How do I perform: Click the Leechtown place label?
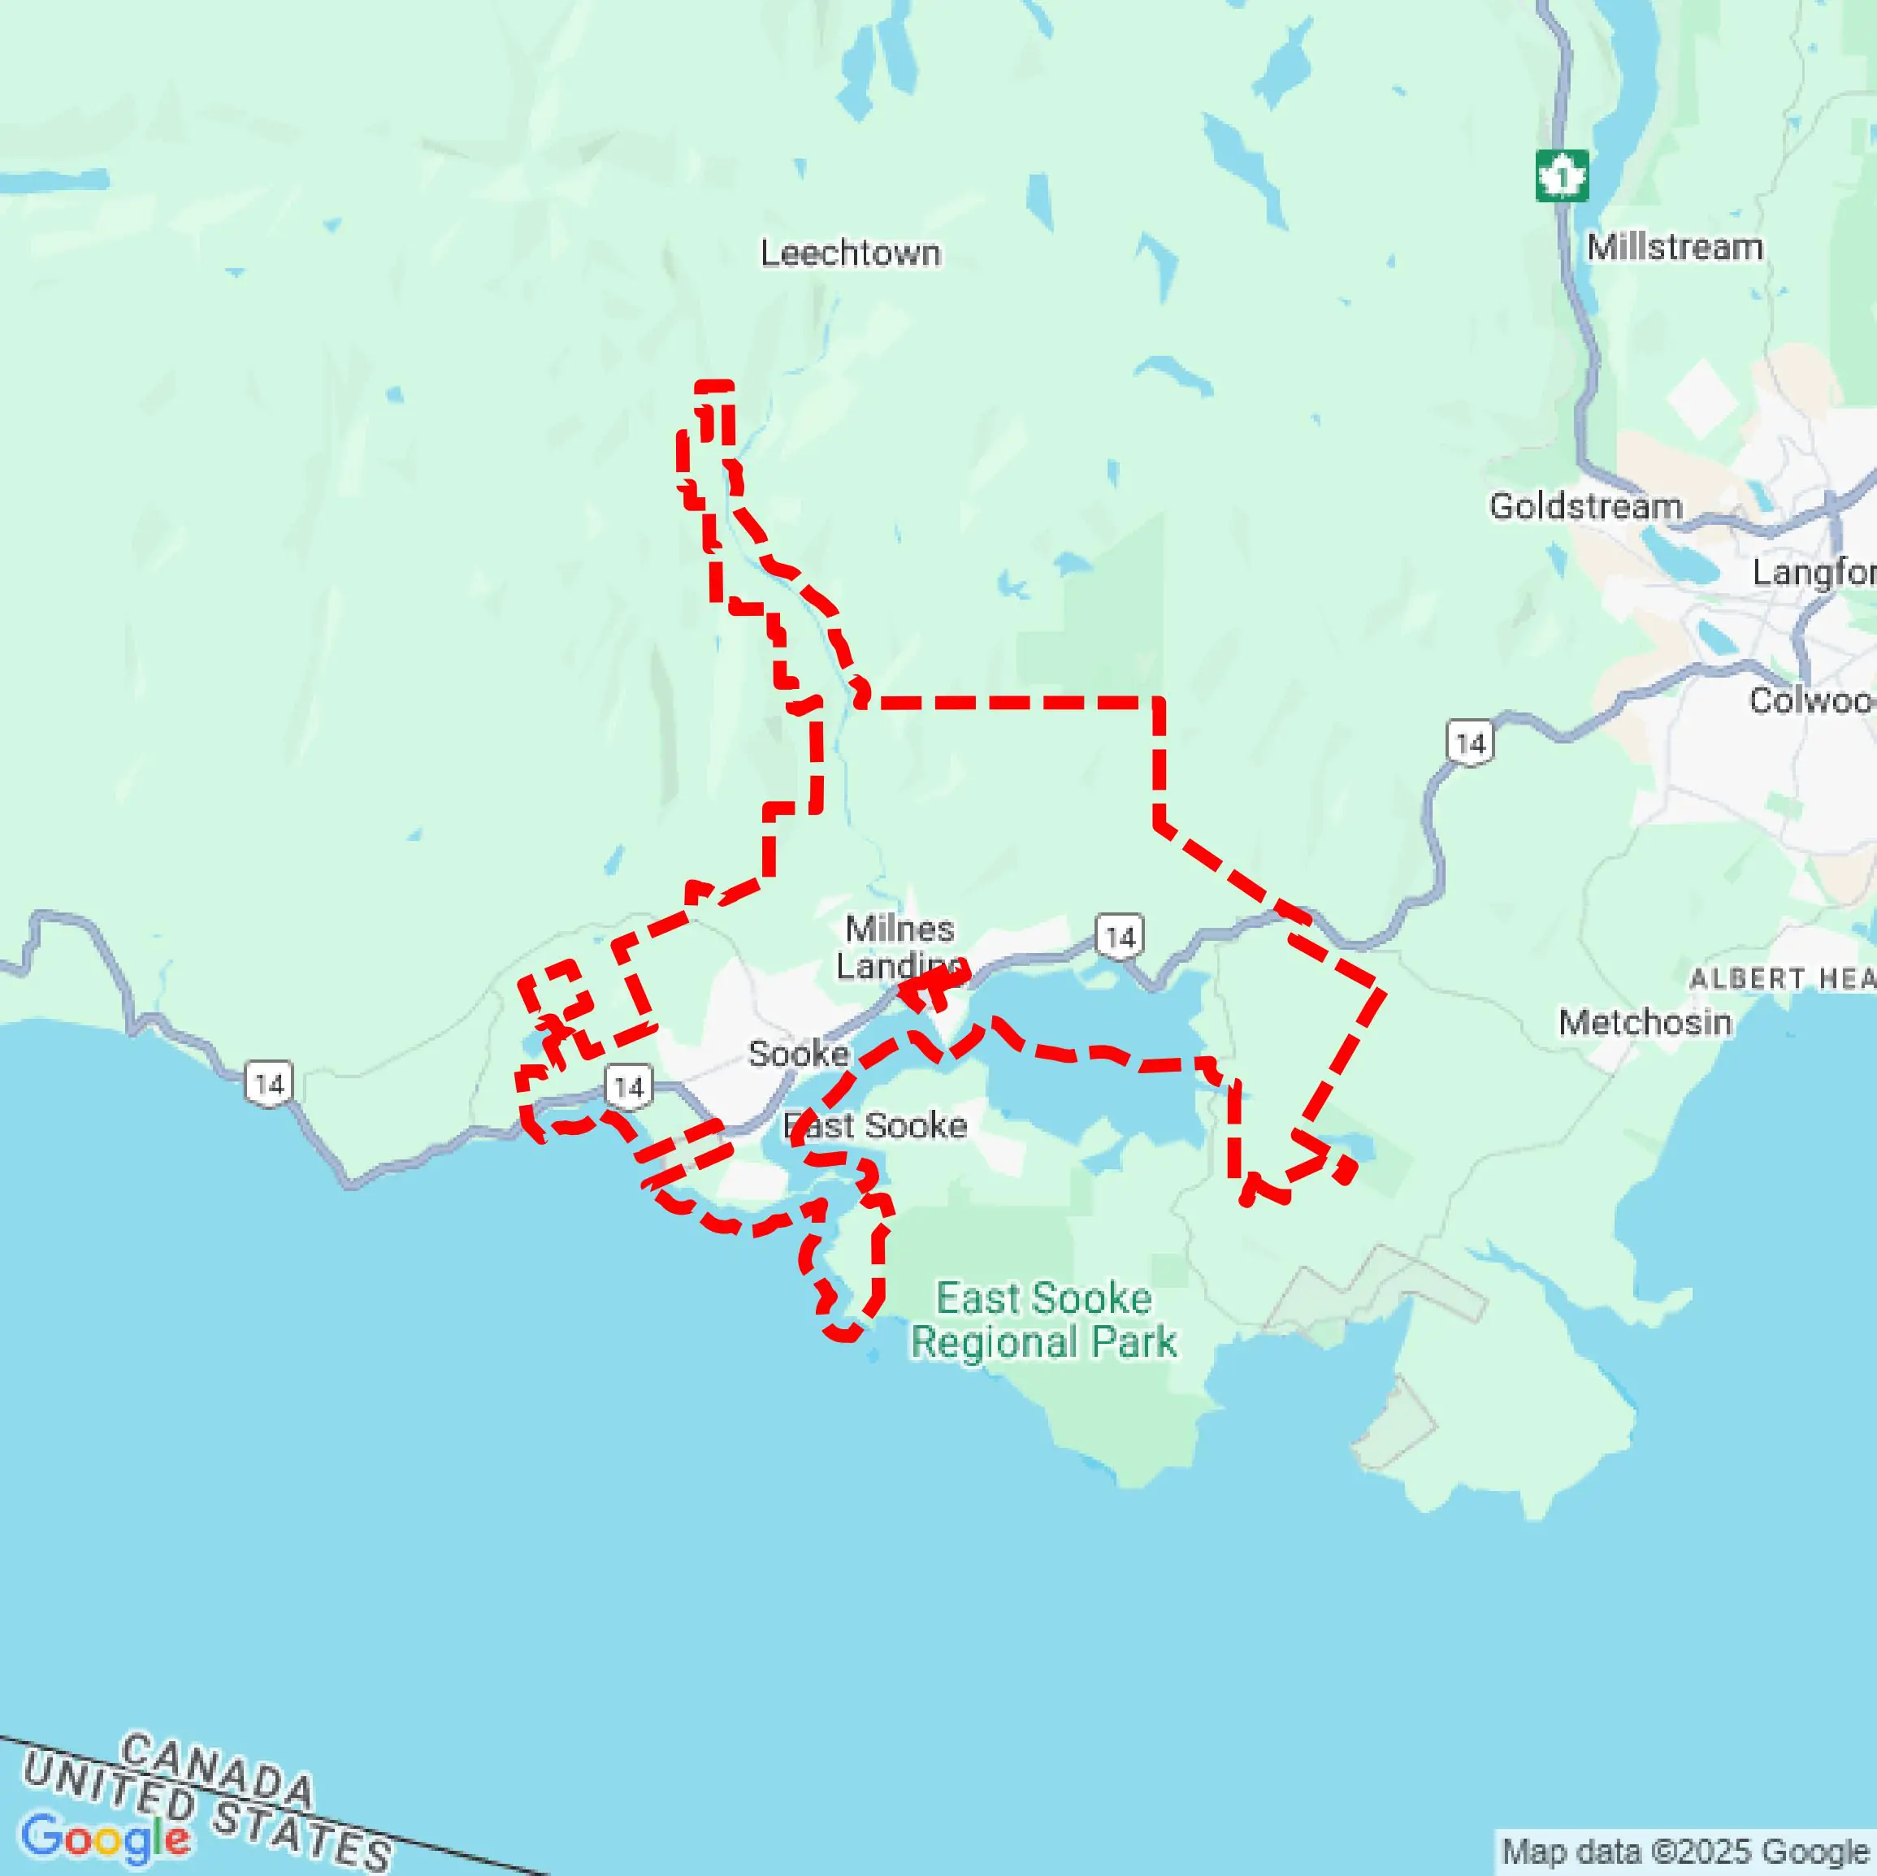850,253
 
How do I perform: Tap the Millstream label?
1674,248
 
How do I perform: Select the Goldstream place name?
1584,506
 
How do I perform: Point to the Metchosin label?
1645,1022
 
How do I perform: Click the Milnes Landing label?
899,947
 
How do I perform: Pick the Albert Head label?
1782,978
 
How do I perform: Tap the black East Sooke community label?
875,1125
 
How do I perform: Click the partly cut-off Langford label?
1813,572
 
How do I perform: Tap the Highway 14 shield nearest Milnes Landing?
1119,938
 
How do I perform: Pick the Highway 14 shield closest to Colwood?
1470,743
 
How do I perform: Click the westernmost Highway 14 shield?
268,1083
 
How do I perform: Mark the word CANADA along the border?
218,1771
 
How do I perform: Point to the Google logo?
105,1837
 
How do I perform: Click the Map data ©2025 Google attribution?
1685,1852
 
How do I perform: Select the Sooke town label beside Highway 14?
799,1054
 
